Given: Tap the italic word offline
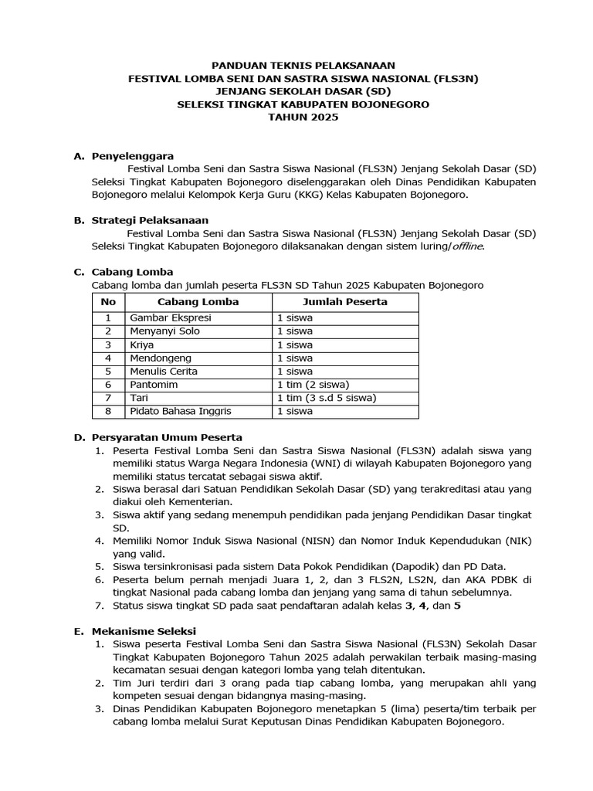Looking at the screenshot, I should [x=462, y=246].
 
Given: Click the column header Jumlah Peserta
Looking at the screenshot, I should [x=344, y=301].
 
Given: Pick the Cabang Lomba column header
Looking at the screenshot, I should [x=198, y=301].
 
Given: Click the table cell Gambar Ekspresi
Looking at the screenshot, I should [x=170, y=317].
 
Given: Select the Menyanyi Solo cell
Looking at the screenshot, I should [x=164, y=331].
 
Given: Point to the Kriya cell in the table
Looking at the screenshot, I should [x=142, y=345].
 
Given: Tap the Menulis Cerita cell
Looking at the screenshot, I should [x=164, y=372].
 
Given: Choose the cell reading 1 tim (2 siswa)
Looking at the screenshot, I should [x=313, y=385].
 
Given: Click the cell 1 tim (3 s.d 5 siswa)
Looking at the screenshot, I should [x=326, y=398].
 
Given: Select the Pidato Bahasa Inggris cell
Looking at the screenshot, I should [x=180, y=411].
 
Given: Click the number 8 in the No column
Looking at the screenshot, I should [x=109, y=411].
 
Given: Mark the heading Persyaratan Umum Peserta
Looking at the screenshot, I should [x=167, y=437].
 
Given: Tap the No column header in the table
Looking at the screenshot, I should [x=109, y=301].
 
